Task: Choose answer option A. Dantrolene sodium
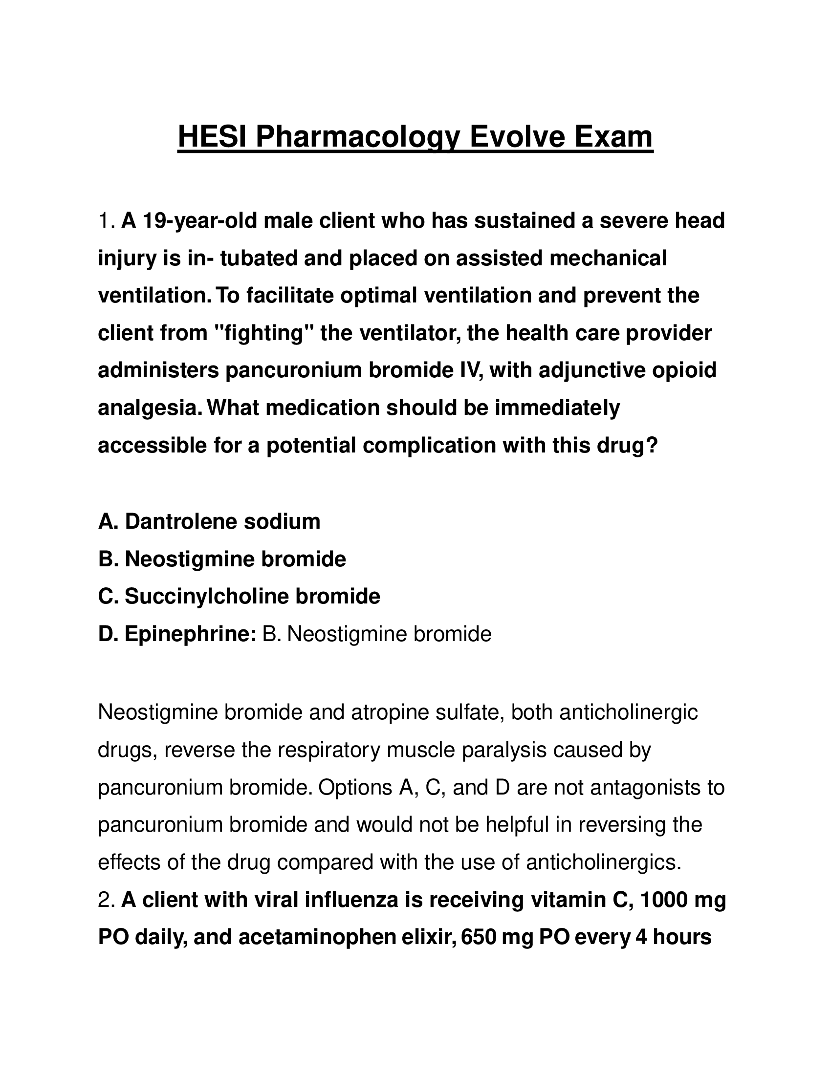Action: point(209,522)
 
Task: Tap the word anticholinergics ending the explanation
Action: point(604,862)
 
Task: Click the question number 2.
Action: point(106,900)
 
